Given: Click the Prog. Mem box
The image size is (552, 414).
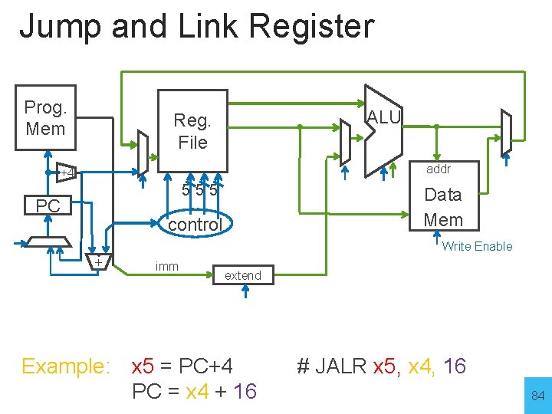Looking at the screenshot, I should [x=45, y=118].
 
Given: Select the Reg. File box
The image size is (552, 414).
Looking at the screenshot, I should [x=192, y=130].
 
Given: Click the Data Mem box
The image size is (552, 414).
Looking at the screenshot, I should [x=443, y=206].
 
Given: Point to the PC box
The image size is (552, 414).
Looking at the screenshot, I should [x=48, y=206].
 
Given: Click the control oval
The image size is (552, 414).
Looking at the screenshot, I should [x=195, y=225].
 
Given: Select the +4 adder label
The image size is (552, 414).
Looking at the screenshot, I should [x=67, y=172].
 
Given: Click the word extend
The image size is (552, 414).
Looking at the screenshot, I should [x=242, y=275].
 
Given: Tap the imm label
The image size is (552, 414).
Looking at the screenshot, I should [x=166, y=266].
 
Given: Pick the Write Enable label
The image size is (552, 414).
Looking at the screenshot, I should [x=477, y=246].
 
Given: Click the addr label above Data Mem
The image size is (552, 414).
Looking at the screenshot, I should [x=439, y=169].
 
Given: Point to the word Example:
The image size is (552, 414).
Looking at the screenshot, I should [x=66, y=366].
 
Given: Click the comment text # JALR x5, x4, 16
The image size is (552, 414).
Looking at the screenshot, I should [x=381, y=366].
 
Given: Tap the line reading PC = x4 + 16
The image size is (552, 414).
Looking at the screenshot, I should [x=194, y=392].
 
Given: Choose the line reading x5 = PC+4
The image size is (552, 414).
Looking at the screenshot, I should [x=182, y=366].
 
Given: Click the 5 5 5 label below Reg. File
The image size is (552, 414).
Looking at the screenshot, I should [x=200, y=189].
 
